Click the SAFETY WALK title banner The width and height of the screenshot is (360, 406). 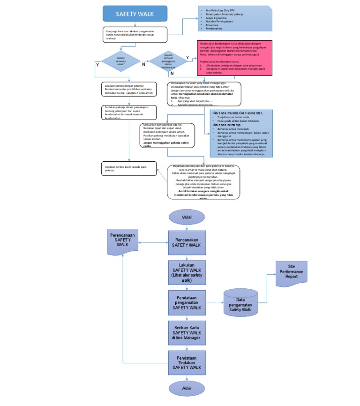135,14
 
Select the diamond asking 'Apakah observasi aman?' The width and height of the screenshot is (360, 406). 121,60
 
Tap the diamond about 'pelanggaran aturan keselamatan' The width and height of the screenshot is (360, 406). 167,61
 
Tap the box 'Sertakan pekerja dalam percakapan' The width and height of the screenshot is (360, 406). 128,113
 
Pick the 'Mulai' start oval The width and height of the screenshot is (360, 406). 187,217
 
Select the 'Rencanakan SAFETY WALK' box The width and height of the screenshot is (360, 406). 187,242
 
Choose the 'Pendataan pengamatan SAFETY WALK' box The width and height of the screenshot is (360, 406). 187,302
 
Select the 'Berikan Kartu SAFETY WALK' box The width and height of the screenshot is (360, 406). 187,332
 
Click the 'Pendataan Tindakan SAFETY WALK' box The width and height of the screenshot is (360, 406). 187,364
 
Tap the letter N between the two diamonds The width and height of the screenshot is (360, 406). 143,65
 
